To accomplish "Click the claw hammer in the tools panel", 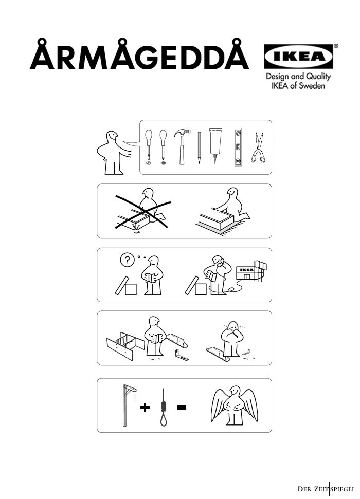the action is (x=182, y=146).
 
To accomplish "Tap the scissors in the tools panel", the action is (x=258, y=147).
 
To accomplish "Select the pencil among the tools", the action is (x=199, y=147).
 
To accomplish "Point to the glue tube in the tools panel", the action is (x=215, y=145).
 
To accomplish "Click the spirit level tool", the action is (x=238, y=147).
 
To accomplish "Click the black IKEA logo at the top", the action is (x=298, y=57).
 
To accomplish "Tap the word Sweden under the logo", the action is (x=312, y=86).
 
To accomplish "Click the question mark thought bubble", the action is (x=127, y=260).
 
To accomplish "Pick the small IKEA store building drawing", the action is (x=251, y=270).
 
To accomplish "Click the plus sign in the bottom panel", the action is (x=145, y=408).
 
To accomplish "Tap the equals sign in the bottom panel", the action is (x=181, y=408).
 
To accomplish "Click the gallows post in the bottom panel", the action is (x=124, y=405).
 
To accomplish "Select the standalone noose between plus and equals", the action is (x=164, y=408).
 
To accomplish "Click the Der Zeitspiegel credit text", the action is (x=326, y=489).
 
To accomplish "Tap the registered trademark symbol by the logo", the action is (x=336, y=46).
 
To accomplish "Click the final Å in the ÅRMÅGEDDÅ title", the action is (x=236, y=54).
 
